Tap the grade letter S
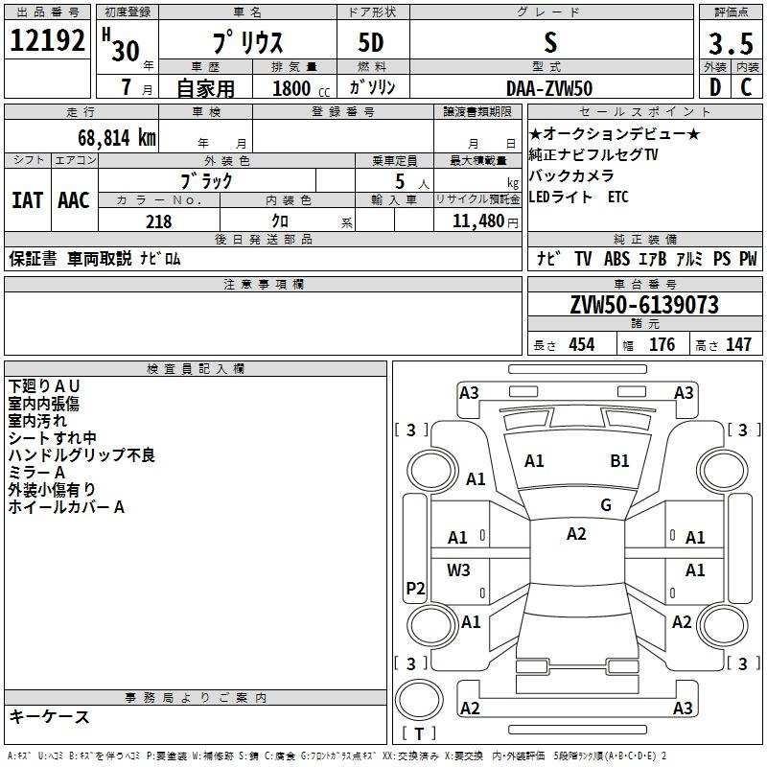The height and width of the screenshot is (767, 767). (549, 42)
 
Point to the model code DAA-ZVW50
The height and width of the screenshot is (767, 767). (549, 87)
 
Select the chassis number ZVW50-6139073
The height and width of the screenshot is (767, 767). (643, 305)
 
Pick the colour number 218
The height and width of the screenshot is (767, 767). (159, 221)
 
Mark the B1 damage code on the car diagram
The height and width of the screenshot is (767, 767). (619, 461)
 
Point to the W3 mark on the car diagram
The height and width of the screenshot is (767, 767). (458, 569)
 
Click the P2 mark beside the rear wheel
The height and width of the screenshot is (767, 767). (415, 588)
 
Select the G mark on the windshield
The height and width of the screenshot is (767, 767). (606, 504)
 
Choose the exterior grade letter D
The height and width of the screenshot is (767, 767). (714, 87)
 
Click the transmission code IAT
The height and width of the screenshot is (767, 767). (27, 200)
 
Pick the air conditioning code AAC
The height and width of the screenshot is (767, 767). (74, 200)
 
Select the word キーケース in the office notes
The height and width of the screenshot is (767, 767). (50, 717)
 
